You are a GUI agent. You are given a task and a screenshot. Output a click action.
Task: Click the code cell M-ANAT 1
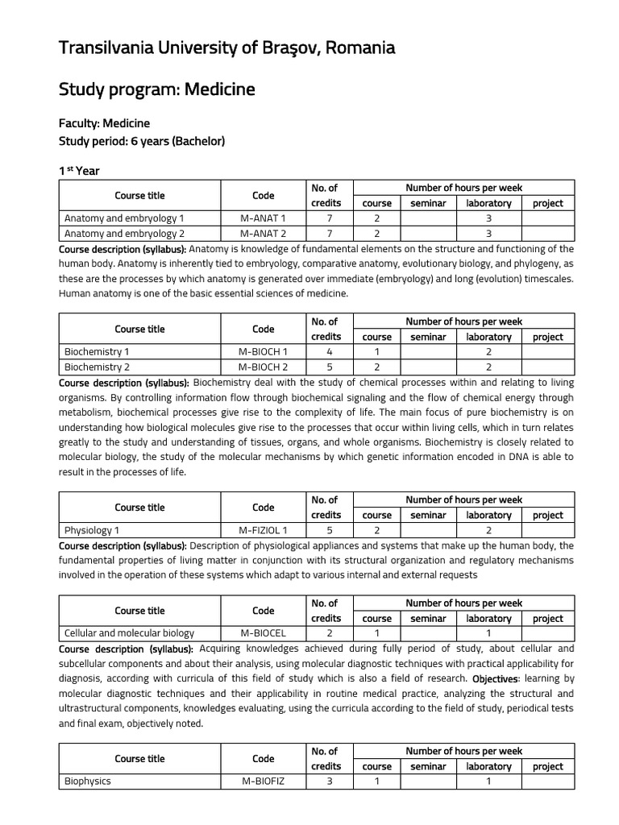click(x=263, y=218)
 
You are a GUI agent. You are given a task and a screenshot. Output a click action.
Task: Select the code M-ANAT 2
click(x=263, y=234)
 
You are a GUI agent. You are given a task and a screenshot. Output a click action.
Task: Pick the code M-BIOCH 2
click(x=263, y=367)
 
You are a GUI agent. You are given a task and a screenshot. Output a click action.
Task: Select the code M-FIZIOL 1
click(x=263, y=530)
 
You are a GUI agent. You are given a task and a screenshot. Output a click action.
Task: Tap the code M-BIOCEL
click(x=263, y=633)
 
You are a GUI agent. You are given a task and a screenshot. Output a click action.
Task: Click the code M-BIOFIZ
click(x=263, y=781)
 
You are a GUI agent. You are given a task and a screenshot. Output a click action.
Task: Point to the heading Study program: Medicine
click(x=156, y=89)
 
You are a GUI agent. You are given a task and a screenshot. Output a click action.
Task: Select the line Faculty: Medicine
click(x=104, y=123)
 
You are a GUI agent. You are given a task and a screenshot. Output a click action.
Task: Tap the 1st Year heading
click(x=79, y=171)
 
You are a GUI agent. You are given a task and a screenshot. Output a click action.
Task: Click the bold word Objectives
click(x=495, y=678)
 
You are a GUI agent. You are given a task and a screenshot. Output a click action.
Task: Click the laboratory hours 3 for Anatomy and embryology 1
click(x=488, y=218)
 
